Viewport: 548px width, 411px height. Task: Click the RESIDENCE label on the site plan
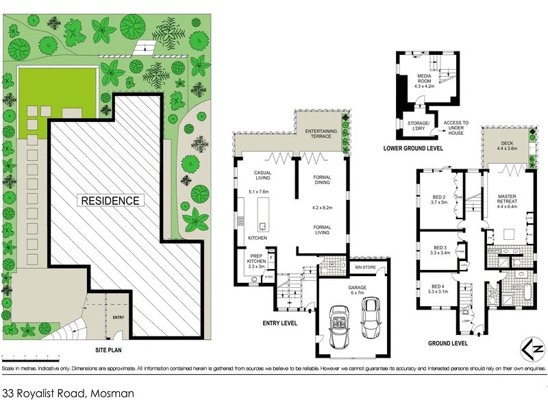tap(111, 201)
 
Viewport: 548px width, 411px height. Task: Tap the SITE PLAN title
tap(109, 349)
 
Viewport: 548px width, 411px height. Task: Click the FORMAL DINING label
tap(322, 181)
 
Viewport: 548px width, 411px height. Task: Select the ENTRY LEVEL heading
tap(279, 323)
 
